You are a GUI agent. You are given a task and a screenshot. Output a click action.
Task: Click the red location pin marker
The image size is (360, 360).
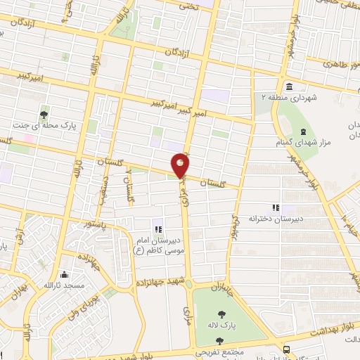click(x=181, y=165)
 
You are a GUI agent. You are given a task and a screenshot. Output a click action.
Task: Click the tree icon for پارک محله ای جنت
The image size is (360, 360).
click(x=44, y=115)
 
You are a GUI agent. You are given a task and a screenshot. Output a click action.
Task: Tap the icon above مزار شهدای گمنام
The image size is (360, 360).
click(x=302, y=131)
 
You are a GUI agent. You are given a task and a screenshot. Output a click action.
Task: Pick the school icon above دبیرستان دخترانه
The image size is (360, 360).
click(x=276, y=207)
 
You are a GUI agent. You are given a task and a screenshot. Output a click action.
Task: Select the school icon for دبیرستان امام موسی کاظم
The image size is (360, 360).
click(x=158, y=229)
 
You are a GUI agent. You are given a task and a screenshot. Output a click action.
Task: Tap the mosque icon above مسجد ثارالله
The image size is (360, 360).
click(x=65, y=275)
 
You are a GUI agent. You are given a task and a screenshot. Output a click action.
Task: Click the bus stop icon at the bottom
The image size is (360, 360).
click(x=285, y=349)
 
